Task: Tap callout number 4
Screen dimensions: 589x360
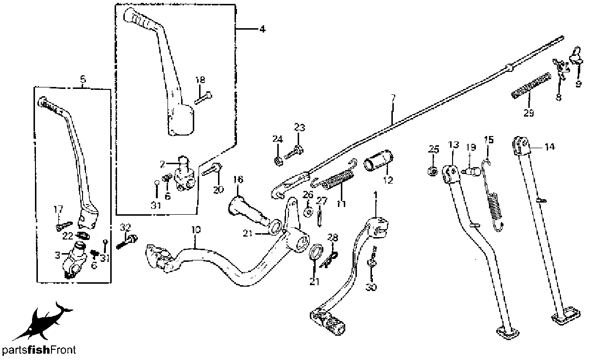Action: tap(262, 29)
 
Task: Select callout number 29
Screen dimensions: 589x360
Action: tap(528, 113)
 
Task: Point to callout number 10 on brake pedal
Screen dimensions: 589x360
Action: tap(196, 230)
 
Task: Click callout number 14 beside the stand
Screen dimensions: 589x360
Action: tap(550, 147)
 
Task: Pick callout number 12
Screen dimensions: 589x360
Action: tap(388, 180)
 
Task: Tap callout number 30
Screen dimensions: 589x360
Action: tap(371, 287)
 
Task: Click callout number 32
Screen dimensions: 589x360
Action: tap(125, 227)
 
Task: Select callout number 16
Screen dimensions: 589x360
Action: tap(238, 180)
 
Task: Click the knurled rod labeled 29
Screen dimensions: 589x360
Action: tap(531, 86)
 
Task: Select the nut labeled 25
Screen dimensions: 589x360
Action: tap(433, 171)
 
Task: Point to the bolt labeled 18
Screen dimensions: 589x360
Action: tap(203, 98)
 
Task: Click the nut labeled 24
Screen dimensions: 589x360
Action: tap(278, 161)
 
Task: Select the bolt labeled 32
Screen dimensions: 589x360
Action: tap(127, 242)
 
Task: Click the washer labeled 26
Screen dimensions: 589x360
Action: tap(308, 212)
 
